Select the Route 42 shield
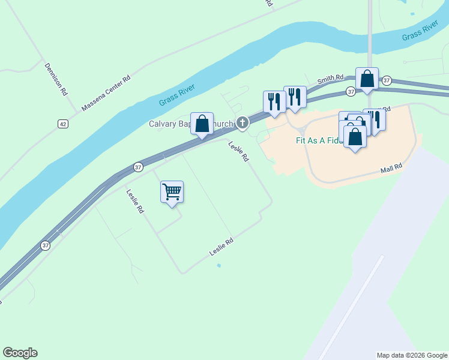(x=62, y=124)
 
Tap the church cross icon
(x=242, y=124)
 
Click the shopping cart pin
(x=172, y=193)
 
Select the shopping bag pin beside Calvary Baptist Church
(x=202, y=124)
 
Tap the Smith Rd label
(x=330, y=79)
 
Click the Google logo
(x=20, y=353)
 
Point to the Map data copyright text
(x=411, y=355)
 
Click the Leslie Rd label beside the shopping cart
(x=135, y=202)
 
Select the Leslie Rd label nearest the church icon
(x=238, y=151)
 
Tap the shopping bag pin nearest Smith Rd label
(x=367, y=79)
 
